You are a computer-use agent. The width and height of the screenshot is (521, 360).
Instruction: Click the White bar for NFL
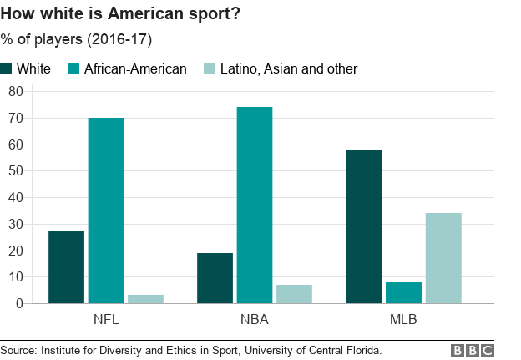[66, 267]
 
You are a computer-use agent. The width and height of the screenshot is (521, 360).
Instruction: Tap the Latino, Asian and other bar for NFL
[145, 299]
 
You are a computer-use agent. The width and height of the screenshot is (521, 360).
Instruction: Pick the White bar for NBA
[215, 278]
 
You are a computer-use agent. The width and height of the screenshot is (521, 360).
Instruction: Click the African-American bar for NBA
[255, 205]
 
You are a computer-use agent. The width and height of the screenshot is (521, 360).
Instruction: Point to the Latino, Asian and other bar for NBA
[294, 294]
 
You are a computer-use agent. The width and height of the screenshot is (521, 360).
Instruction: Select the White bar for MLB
[363, 226]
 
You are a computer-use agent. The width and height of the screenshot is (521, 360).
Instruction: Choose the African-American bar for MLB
[403, 292]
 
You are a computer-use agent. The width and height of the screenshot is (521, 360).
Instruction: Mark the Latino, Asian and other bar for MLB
[443, 258]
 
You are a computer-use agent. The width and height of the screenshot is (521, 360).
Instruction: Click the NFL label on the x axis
[106, 320]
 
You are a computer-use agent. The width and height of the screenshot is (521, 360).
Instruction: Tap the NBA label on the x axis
[255, 320]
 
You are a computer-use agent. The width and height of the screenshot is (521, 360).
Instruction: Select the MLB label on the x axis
[403, 320]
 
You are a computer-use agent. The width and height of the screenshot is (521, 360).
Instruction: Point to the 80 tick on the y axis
[15, 91]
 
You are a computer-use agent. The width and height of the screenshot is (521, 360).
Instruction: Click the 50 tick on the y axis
[15, 170]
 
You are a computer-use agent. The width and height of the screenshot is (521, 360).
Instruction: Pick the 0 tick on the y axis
[18, 303]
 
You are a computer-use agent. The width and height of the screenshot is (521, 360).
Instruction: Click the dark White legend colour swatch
[7, 68]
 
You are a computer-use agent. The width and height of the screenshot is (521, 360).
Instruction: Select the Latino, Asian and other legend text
[288, 68]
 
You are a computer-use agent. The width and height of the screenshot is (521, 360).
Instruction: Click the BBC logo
[473, 350]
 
